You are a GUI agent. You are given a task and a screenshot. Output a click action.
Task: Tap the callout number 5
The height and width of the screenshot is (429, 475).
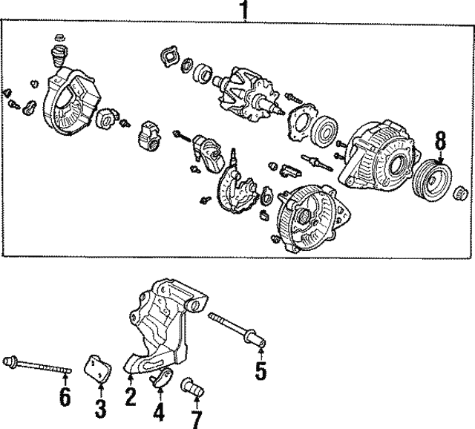[x=261, y=370]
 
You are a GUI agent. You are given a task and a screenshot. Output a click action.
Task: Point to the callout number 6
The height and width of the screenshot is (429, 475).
[x=65, y=397]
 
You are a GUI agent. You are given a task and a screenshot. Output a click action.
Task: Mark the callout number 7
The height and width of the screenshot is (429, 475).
[x=196, y=419]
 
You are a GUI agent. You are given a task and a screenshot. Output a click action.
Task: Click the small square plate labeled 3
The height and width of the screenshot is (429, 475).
[x=98, y=367]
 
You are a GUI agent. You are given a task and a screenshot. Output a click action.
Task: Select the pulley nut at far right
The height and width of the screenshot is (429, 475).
[x=459, y=195]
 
